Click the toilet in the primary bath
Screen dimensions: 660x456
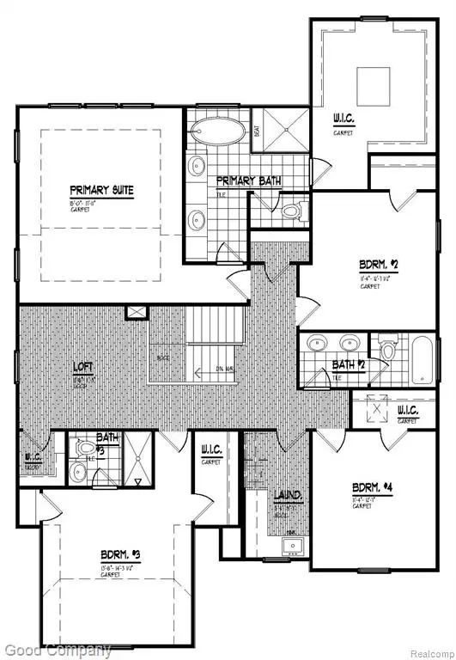click(289, 210)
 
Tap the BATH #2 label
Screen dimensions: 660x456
click(345, 365)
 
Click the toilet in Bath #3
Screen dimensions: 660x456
click(87, 448)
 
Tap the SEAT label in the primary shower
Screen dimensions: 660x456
click(257, 131)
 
